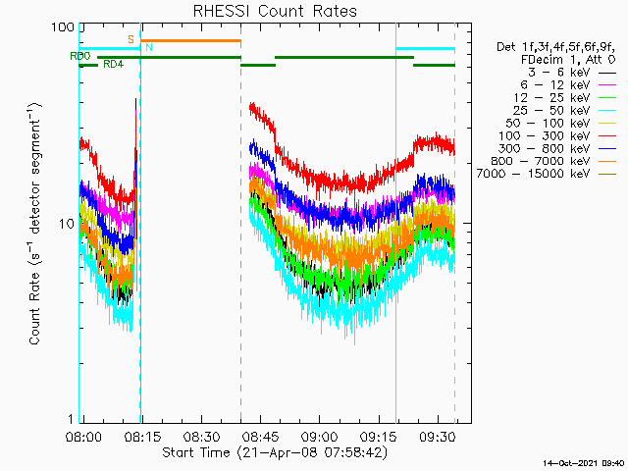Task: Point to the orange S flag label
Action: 131,39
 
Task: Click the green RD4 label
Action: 114,65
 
